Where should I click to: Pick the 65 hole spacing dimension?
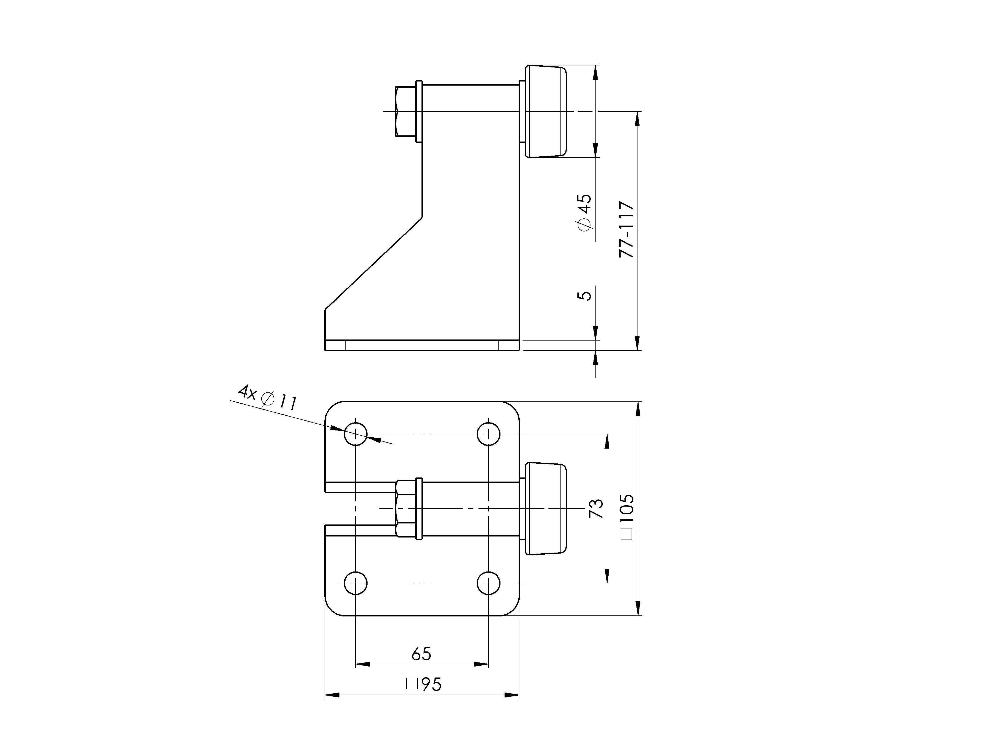click(421, 653)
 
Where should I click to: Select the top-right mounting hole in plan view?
click(488, 434)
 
